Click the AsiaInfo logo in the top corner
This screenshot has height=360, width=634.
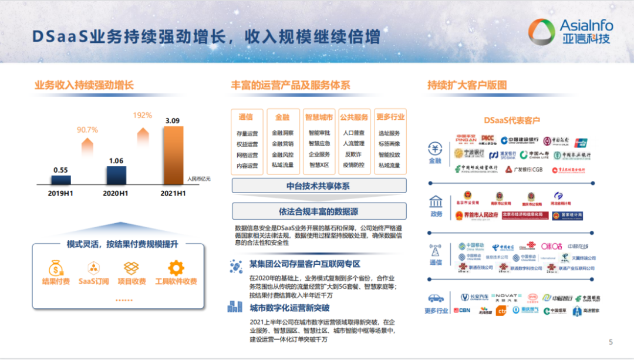click(x=570, y=31)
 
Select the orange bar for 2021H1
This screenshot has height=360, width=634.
click(x=174, y=156)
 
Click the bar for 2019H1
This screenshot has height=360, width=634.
click(x=60, y=180)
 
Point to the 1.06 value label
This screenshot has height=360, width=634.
click(x=116, y=160)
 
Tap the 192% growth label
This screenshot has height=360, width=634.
click(x=142, y=116)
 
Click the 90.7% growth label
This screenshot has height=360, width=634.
click(x=87, y=129)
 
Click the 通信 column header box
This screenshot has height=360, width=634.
click(x=247, y=117)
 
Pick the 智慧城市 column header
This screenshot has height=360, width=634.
click(x=319, y=117)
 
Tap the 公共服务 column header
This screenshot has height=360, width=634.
click(x=355, y=117)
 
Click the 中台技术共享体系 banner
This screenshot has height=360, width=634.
click(x=319, y=186)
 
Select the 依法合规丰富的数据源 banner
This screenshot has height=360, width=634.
click(x=319, y=211)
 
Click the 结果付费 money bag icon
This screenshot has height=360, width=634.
click(x=56, y=268)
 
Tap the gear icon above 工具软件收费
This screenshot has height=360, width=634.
click(x=176, y=268)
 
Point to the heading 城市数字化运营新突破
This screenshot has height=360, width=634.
click(x=289, y=308)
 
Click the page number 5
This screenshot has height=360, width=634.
click(x=611, y=342)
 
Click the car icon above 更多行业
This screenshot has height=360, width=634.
click(x=436, y=298)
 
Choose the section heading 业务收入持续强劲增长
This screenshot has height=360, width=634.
click(x=84, y=85)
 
